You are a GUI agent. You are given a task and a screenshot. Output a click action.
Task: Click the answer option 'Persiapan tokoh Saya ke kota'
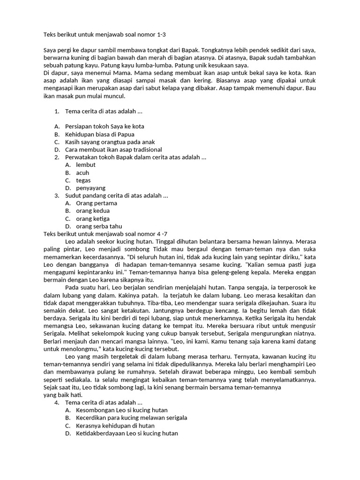105,127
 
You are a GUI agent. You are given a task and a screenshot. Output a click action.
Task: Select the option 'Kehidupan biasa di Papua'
99,134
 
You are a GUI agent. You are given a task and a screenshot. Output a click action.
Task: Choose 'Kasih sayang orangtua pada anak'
110,142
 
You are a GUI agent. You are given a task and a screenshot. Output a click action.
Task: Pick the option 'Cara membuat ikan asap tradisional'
113,150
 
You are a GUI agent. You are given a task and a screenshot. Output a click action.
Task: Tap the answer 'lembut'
86,165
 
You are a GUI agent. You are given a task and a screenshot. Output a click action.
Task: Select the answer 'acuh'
82,172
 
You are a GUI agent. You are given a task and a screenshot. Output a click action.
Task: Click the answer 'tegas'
83,180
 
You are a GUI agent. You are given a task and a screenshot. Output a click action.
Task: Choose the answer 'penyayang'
90,188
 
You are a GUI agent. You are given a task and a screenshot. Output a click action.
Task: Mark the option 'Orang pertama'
97,203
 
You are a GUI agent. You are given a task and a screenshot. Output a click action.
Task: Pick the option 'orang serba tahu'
99,226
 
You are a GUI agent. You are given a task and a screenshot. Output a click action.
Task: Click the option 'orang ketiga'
93,218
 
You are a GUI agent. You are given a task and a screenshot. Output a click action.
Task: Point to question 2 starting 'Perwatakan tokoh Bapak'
135,157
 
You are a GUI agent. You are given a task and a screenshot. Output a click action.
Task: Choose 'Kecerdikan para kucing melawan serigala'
131,418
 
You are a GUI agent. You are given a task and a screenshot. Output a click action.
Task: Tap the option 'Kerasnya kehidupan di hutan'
115,426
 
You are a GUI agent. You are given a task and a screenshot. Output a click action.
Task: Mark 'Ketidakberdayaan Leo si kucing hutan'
127,433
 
